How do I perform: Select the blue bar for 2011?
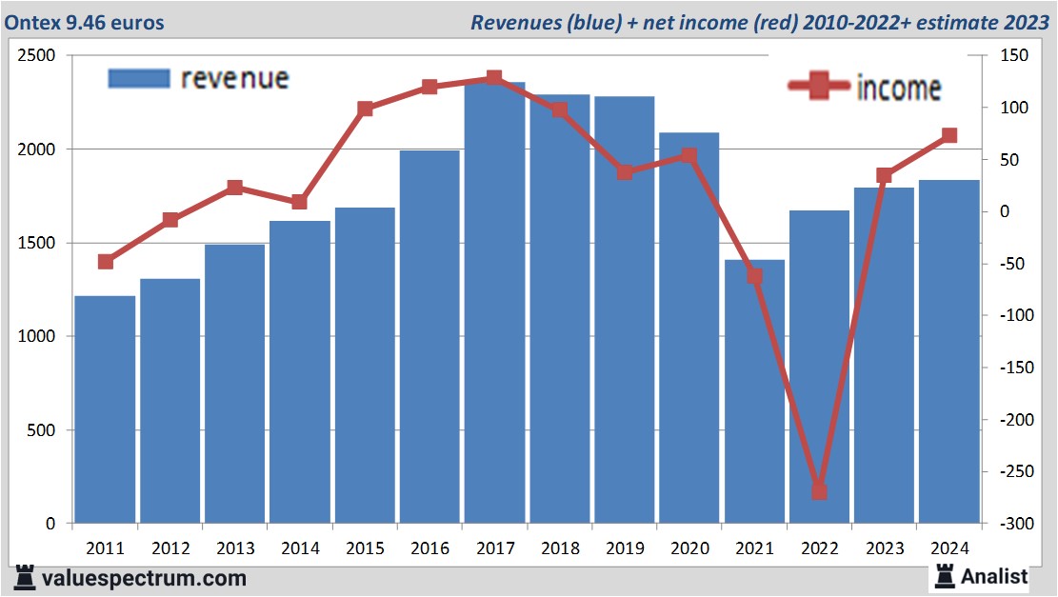105,409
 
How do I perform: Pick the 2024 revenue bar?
948,352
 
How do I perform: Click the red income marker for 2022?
819,491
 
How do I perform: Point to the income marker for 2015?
365,109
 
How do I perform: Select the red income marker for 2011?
106,262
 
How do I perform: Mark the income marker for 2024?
948,136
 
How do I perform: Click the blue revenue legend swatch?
139,78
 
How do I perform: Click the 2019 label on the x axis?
624,549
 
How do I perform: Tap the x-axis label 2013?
235,549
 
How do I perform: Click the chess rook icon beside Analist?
945,576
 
